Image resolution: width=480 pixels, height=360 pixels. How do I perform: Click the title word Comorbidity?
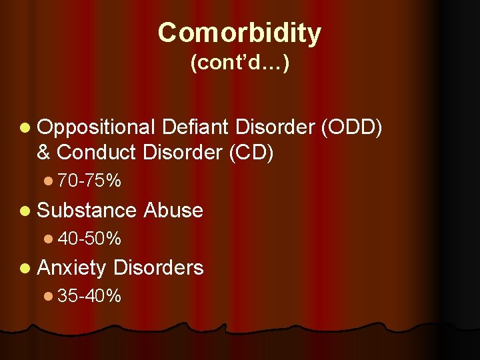pos(239,32)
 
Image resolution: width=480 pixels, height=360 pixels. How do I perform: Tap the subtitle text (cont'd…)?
pos(239,64)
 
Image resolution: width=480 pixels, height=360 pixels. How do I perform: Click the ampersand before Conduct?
pos(44,152)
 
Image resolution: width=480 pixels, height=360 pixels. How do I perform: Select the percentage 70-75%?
pos(89,181)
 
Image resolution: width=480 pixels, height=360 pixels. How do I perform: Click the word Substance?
pos(87,210)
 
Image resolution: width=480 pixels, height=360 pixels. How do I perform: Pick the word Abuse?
pos(173,210)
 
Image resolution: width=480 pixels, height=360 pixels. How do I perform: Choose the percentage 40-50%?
pos(89,238)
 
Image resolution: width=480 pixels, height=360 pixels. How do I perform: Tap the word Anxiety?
pos(72,267)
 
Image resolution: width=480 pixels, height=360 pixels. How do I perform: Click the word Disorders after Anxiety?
pos(158,267)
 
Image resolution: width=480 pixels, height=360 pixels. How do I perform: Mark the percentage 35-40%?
pos(89,295)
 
